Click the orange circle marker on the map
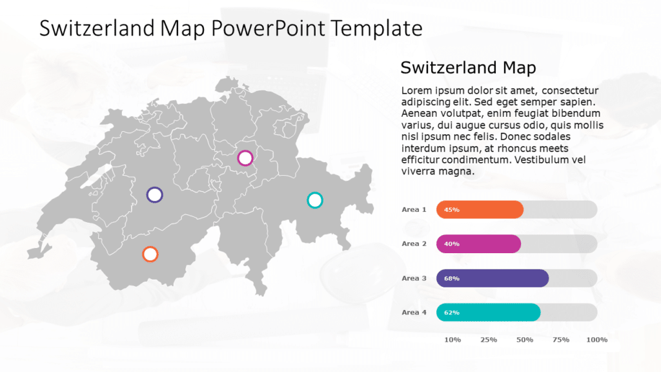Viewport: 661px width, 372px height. [x=150, y=254]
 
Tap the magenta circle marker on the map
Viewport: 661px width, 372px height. [x=245, y=158]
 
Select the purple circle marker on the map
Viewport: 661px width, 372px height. [x=154, y=194]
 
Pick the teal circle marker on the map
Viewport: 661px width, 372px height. [x=314, y=200]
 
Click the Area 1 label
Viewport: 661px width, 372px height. [x=414, y=209]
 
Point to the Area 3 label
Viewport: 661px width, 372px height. [x=414, y=278]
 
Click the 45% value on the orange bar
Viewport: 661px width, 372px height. [x=452, y=210]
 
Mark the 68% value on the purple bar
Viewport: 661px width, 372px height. [x=452, y=279]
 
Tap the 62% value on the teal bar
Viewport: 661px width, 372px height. [x=452, y=313]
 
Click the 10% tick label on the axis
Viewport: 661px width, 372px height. [x=453, y=340]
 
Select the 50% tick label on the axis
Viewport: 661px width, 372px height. [x=525, y=340]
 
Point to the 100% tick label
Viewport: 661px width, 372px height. [x=596, y=340]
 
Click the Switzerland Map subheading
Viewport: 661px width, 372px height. [x=468, y=67]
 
